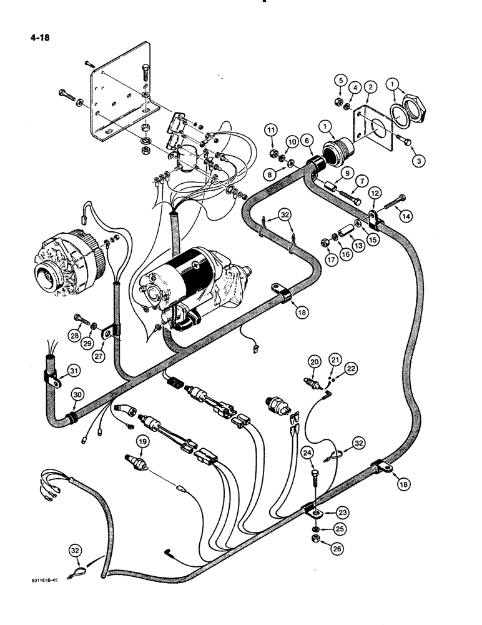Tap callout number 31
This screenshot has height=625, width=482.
coord(74,372)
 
